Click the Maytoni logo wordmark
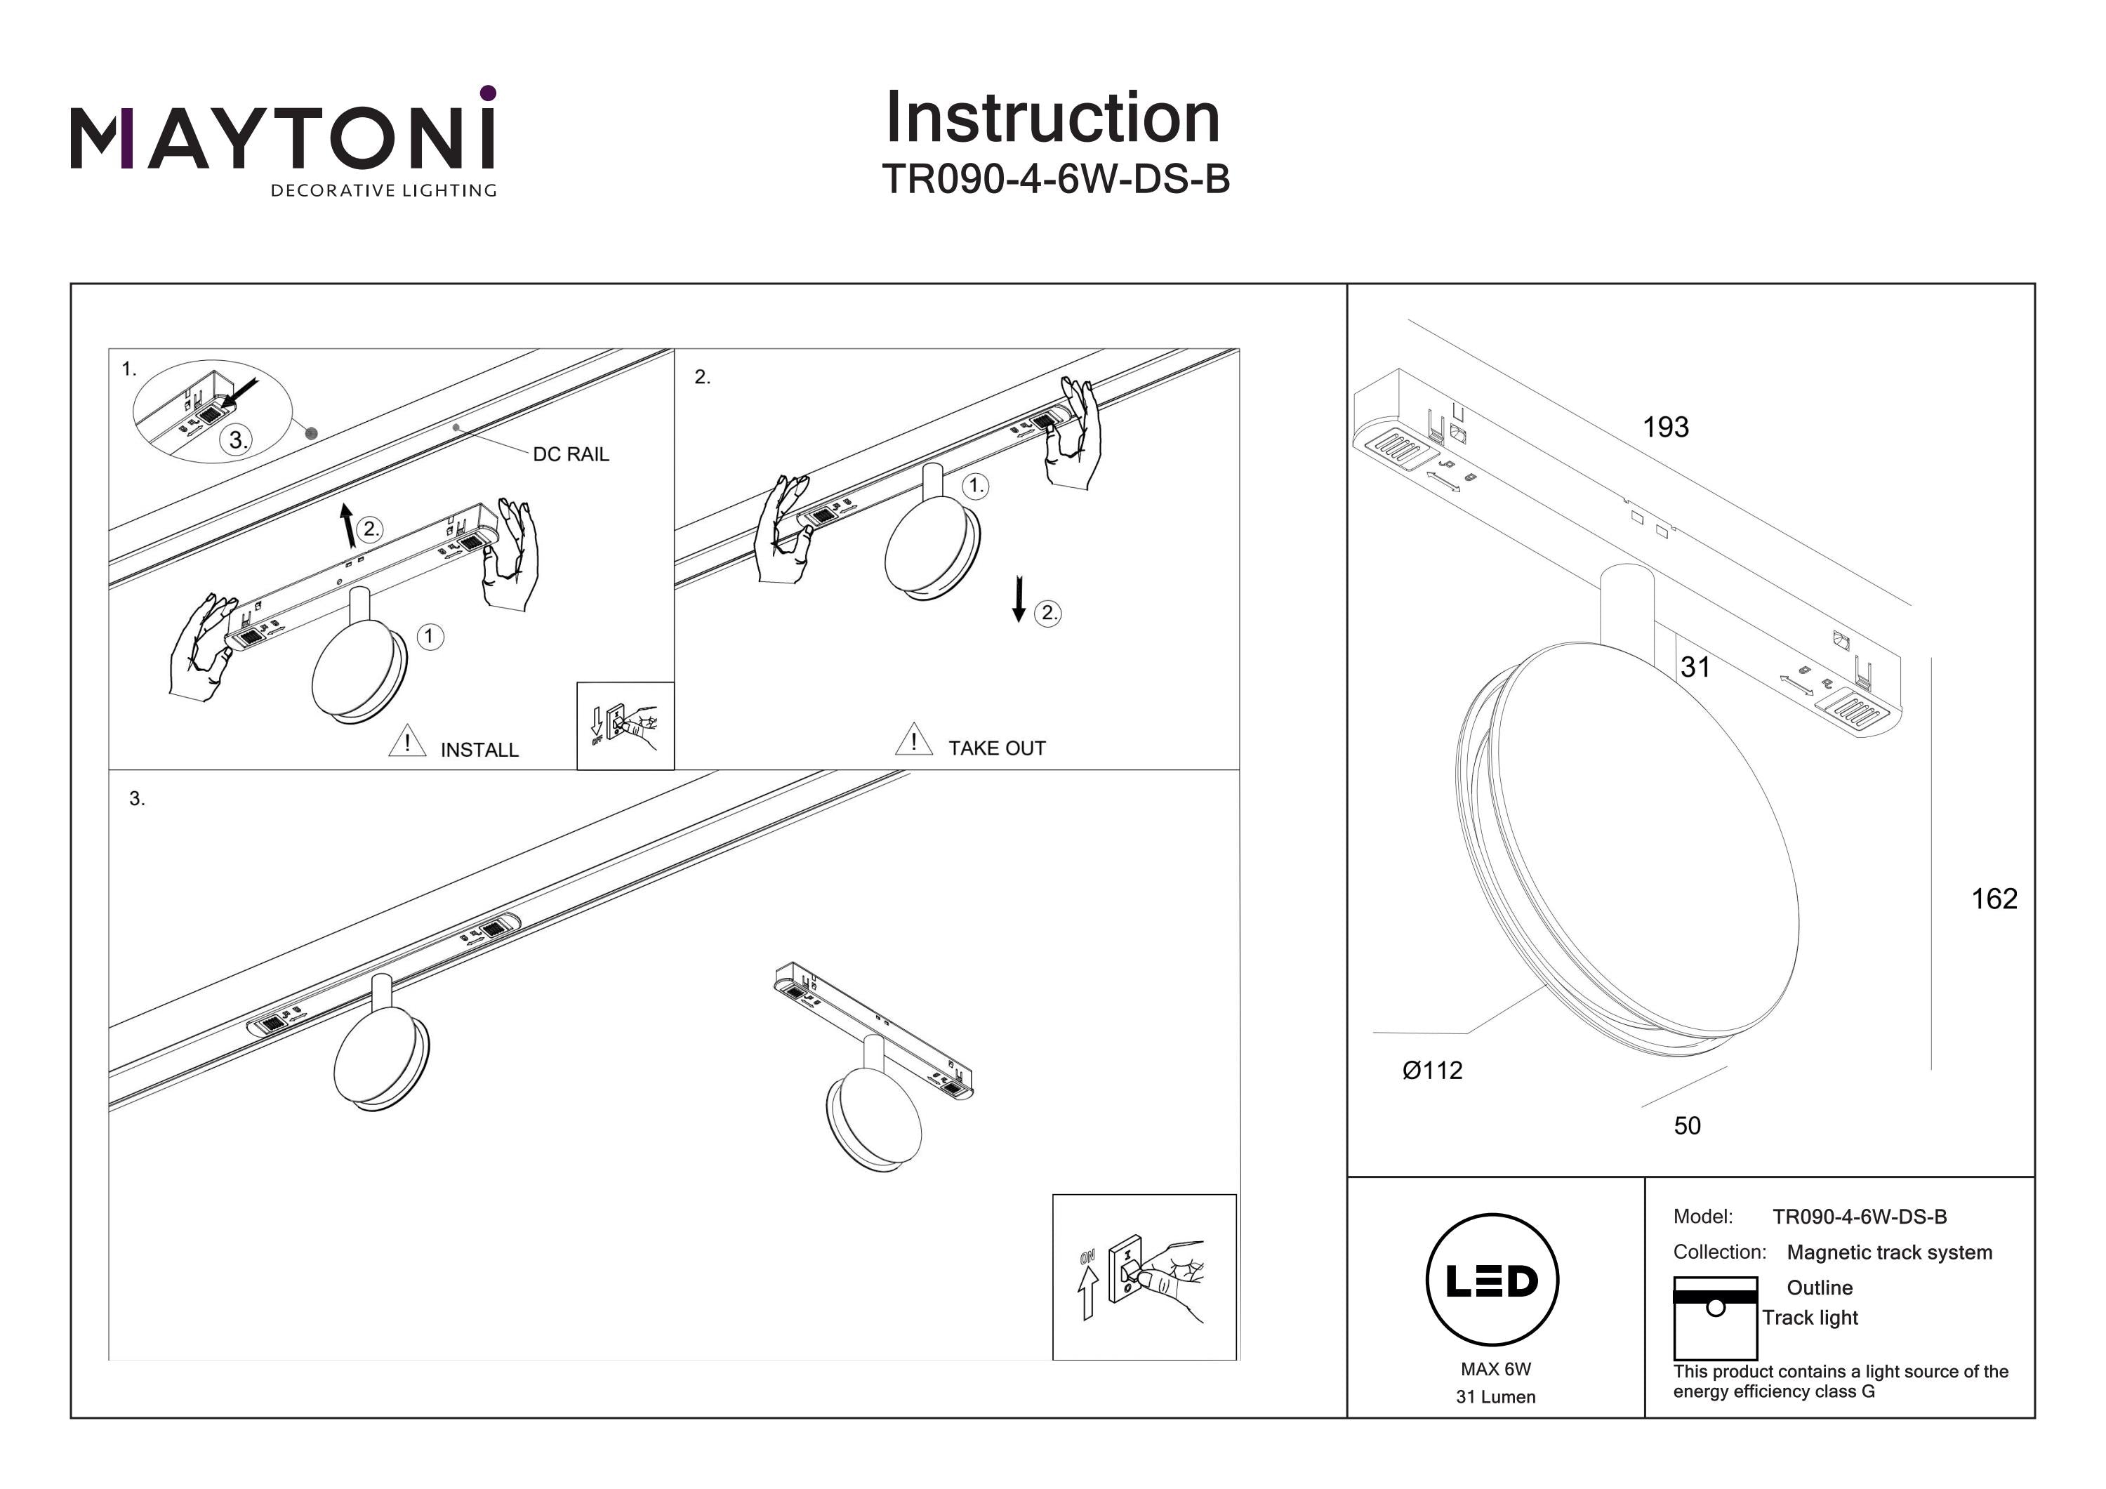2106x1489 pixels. click(x=282, y=138)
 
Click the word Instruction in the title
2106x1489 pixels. click(x=1052, y=119)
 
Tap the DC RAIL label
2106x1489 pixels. click(x=571, y=454)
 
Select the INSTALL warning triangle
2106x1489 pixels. click(x=407, y=741)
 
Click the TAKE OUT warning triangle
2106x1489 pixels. click(x=913, y=739)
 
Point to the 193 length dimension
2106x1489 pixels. click(x=1665, y=427)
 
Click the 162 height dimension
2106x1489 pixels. click(x=1994, y=899)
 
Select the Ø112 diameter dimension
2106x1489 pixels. click(x=1432, y=1071)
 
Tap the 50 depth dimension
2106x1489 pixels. click(x=1687, y=1125)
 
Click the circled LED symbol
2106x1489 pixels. click(x=1492, y=1280)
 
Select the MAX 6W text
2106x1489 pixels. click(x=1495, y=1369)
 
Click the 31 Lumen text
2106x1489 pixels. click(x=1495, y=1397)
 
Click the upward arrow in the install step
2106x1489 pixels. click(x=347, y=526)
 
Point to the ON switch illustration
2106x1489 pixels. click(x=1144, y=1277)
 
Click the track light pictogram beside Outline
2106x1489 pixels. click(x=1714, y=1318)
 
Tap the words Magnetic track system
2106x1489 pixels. click(x=1888, y=1252)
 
